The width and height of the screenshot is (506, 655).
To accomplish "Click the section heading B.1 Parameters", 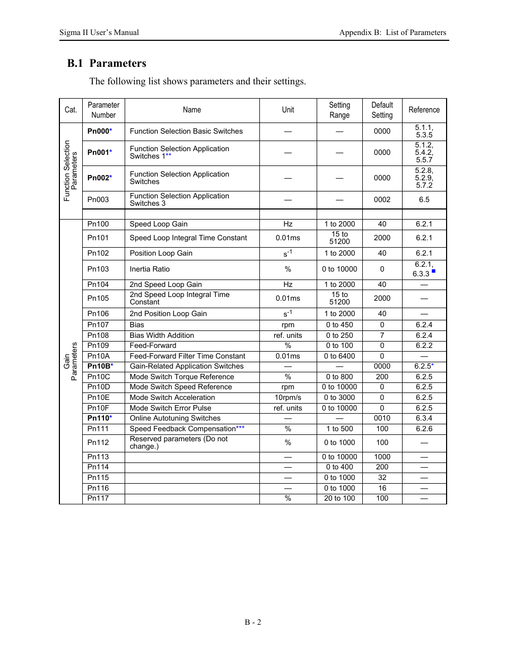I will (x=107, y=63).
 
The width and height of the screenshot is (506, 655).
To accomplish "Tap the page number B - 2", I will (x=253, y=622).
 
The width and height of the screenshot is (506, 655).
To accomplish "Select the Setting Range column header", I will (x=339, y=110).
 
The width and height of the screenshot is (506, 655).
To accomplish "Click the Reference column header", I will (x=424, y=110).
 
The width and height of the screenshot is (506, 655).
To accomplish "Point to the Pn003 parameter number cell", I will (x=98, y=199).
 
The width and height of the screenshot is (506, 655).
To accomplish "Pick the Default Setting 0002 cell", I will (x=382, y=199).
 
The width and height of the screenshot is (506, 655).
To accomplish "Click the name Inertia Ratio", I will (x=150, y=269).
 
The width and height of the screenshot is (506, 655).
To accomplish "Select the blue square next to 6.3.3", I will (x=433, y=271).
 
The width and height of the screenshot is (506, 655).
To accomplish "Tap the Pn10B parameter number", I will (x=99, y=366).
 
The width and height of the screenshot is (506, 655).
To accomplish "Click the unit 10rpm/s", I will (x=287, y=397).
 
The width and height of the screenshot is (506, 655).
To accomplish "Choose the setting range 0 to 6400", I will (x=339, y=356).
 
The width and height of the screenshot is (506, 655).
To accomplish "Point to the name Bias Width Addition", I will (x=162, y=335).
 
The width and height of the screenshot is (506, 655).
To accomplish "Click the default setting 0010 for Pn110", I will (x=382, y=418).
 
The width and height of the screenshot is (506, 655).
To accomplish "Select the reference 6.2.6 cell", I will (x=424, y=429).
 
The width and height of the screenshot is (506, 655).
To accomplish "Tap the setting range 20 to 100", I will (x=339, y=498).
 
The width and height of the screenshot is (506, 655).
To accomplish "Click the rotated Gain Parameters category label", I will (x=71, y=361).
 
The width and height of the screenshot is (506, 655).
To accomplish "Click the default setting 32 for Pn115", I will (x=382, y=477).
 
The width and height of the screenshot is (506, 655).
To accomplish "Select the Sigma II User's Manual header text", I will (x=99, y=32).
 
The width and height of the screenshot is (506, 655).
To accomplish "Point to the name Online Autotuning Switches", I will (x=175, y=418).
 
